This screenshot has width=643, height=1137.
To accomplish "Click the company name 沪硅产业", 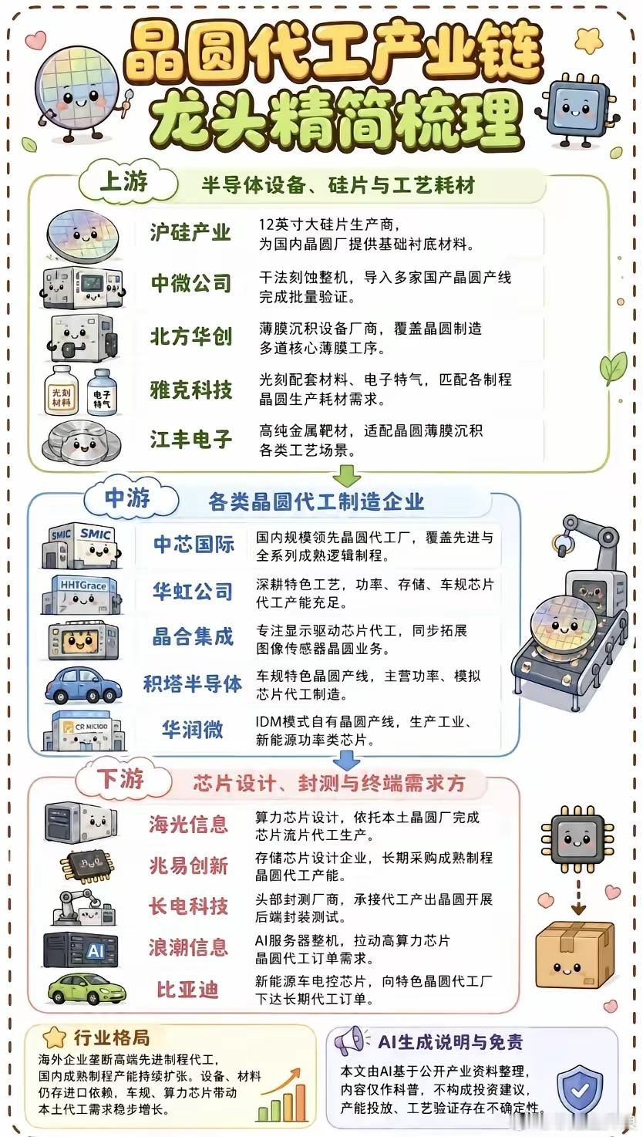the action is (x=190, y=232).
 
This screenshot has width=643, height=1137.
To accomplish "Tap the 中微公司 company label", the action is (x=191, y=283).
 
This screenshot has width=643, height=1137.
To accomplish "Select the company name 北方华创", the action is (x=191, y=336).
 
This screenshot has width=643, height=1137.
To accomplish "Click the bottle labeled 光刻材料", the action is (x=62, y=390).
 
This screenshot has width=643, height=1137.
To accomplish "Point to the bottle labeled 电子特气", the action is (x=102, y=392).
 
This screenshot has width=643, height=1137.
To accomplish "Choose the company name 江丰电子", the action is (x=191, y=439).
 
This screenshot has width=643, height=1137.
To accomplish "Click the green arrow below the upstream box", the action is (x=347, y=477).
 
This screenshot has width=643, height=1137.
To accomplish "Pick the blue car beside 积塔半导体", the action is (x=82, y=685).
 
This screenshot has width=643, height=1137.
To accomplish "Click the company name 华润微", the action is (x=192, y=730).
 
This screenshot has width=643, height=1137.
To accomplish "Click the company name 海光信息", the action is (x=188, y=825).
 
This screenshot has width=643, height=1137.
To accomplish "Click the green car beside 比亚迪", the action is (x=86, y=990).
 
